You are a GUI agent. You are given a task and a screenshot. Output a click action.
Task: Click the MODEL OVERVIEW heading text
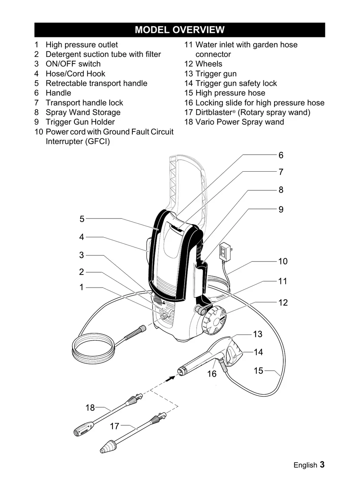[180, 30]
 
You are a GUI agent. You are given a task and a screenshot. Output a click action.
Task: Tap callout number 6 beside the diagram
[281, 155]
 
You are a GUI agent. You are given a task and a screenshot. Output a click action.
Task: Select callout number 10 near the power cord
[283, 261]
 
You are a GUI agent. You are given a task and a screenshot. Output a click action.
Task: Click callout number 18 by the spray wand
[90, 408]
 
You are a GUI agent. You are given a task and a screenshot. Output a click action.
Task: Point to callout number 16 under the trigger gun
[212, 374]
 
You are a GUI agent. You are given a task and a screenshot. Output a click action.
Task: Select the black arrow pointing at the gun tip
[170, 379]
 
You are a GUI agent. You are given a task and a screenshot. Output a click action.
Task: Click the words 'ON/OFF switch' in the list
[73, 64]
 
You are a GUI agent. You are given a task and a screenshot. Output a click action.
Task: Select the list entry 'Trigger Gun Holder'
[80, 122]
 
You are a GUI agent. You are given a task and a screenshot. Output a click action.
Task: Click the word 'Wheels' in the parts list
[209, 64]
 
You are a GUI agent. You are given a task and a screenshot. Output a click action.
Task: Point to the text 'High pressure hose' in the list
[230, 93]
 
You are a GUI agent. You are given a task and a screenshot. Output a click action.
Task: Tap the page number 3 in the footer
[322, 465]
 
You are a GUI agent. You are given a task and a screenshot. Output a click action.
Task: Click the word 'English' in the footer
[305, 465]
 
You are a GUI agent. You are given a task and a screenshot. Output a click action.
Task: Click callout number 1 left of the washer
[81, 287]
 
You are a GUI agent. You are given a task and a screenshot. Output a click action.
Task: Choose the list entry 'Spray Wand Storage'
[83, 112]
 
